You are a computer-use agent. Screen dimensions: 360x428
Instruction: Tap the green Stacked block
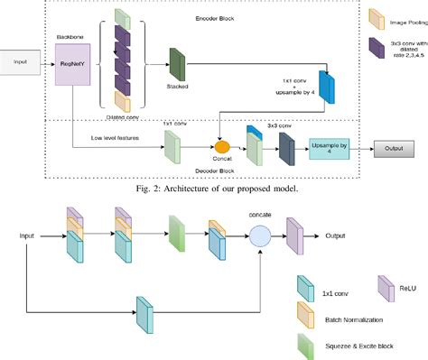pyautogui.click(x=176, y=62)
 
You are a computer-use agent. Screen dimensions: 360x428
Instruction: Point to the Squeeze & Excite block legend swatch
pyautogui.click(x=305, y=344)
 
